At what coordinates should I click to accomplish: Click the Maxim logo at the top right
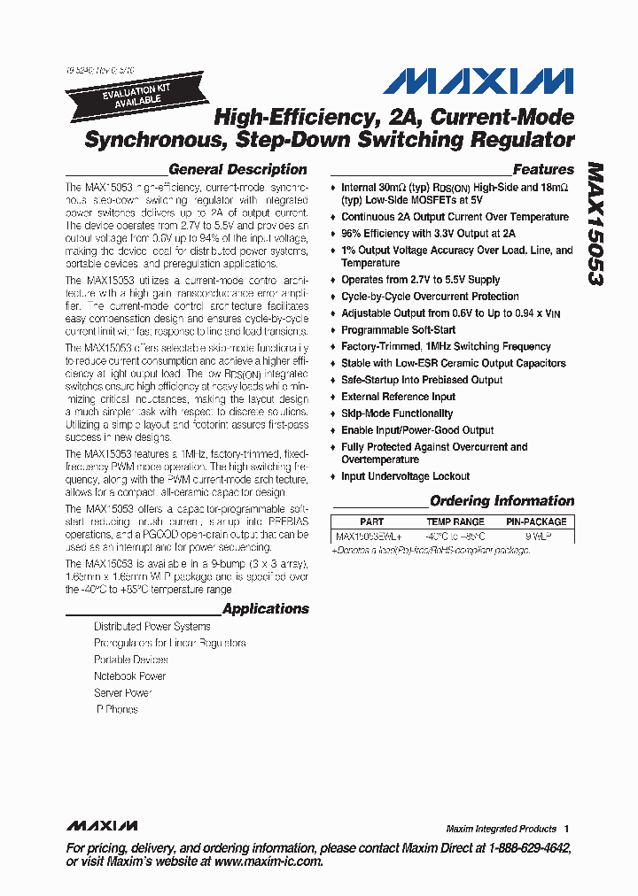coord(478,81)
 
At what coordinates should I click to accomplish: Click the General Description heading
coord(237,169)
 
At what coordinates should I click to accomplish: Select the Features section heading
coord(543,169)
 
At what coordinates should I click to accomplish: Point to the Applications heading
coord(266,608)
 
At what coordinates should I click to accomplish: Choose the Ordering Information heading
coord(502,501)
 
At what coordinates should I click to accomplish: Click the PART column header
coord(372,522)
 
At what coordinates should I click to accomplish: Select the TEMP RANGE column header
coord(455,522)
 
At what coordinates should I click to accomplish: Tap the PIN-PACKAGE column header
coord(536,522)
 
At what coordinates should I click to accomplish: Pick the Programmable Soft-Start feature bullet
coord(399,330)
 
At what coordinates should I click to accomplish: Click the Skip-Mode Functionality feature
coord(397,413)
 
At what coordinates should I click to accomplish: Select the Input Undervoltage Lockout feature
coord(406,476)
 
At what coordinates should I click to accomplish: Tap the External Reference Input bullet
coord(399,397)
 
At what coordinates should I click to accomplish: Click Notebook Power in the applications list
coord(130,676)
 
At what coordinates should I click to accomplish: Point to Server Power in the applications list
coord(123,693)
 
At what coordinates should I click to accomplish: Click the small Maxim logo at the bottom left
coord(102,825)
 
